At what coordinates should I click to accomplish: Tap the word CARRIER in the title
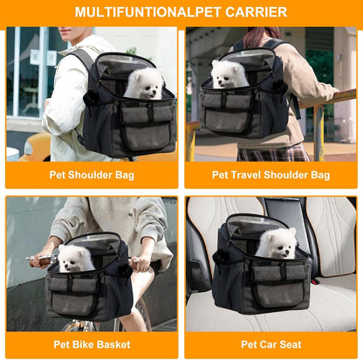click(x=257, y=12)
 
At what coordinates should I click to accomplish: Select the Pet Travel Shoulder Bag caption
click(x=271, y=175)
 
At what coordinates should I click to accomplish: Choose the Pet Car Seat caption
click(x=271, y=344)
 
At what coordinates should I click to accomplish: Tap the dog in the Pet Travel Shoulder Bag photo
click(x=230, y=73)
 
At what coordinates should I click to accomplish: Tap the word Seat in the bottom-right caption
click(x=289, y=344)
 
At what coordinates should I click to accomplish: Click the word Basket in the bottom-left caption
click(x=113, y=344)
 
